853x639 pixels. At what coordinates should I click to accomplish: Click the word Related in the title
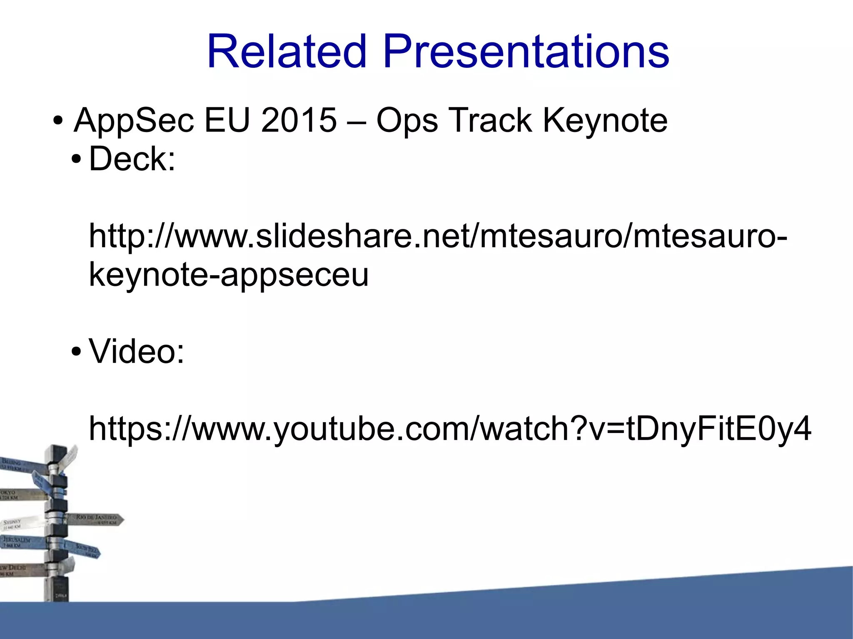pos(287,52)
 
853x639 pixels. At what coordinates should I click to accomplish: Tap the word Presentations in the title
pos(526,52)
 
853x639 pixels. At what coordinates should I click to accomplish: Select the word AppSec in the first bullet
pos(134,121)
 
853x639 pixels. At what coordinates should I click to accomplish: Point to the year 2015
pos(299,121)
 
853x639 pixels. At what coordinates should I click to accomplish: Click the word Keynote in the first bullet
pos(605,121)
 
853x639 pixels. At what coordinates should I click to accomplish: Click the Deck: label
pos(132,159)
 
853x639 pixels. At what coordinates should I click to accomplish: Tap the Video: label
pos(137,352)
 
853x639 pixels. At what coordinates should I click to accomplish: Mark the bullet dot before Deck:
pos(76,160)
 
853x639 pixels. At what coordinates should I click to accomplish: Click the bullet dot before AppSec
pos(58,122)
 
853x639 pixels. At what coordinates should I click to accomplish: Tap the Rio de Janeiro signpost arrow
pos(98,519)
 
